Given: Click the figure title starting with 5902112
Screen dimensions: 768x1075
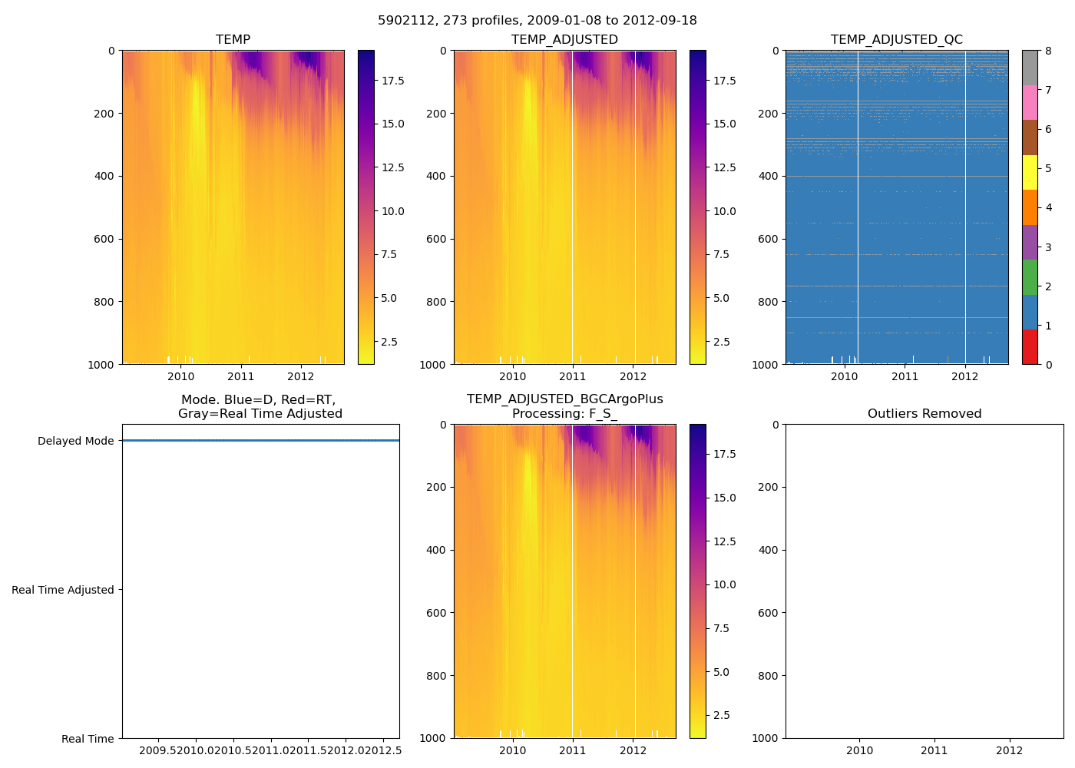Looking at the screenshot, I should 537,21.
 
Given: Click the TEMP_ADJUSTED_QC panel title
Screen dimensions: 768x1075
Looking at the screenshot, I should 896,40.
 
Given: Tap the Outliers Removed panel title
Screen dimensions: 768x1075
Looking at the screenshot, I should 924,414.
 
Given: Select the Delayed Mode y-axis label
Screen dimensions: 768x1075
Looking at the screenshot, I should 75,441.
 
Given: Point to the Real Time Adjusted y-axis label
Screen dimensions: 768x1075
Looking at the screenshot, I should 63,590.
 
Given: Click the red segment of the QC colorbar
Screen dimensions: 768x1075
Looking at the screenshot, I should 1030,346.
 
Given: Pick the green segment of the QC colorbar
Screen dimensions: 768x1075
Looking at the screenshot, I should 1030,276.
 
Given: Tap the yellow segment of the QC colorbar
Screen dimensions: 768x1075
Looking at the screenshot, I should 1030,172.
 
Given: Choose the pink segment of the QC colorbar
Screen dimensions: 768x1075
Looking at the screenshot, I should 1030,102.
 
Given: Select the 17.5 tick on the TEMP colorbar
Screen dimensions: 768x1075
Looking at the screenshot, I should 393,81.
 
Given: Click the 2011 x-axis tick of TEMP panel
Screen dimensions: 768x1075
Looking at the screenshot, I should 240,376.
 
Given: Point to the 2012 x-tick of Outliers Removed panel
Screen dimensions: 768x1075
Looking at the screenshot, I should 1009,750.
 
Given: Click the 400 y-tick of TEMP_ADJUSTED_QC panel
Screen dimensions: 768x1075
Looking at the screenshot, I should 769,176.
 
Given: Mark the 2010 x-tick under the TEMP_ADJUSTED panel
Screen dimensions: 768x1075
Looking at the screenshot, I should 512,376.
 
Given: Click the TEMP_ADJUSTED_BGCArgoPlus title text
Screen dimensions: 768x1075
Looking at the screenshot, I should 564,399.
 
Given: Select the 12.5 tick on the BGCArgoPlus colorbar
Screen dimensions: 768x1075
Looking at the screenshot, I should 725,541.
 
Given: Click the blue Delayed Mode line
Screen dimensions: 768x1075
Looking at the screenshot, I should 261,441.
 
